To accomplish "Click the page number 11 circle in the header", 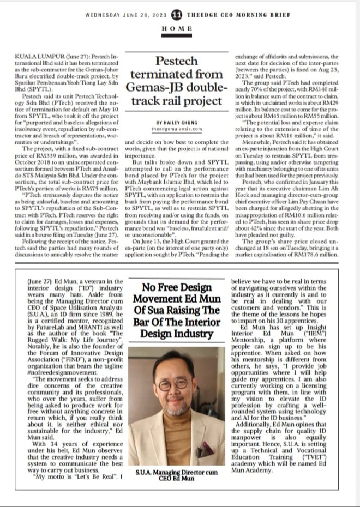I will coord(177,15).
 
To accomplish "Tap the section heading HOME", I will coord(177,28).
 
